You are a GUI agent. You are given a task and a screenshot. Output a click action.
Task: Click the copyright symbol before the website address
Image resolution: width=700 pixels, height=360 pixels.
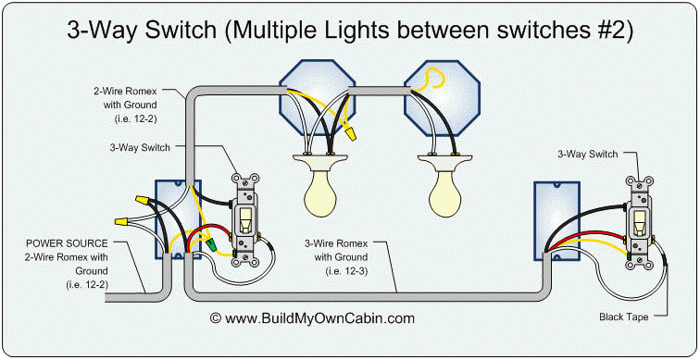tap(216, 317)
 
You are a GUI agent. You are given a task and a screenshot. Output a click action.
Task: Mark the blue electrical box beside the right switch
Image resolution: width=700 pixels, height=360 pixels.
tap(548, 220)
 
